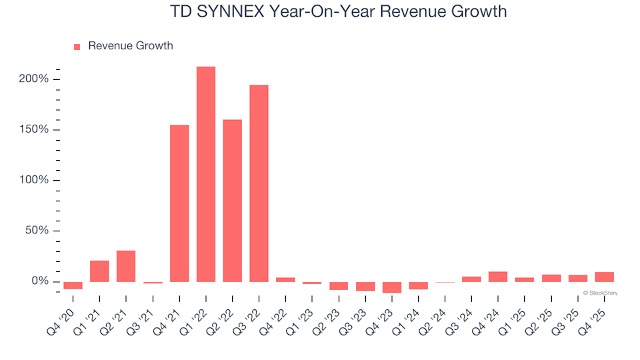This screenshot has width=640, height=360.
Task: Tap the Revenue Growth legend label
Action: (x=130, y=46)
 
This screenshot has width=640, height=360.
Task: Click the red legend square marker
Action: (x=77, y=47)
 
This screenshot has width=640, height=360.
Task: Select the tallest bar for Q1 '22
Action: (x=206, y=174)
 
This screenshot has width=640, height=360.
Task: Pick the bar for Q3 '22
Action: (x=259, y=183)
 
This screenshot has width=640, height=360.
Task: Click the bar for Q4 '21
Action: (x=179, y=203)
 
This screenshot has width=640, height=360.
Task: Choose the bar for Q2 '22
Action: (x=233, y=201)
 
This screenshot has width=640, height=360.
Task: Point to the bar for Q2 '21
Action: (x=126, y=266)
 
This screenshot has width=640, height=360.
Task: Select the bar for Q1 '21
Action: (x=99, y=271)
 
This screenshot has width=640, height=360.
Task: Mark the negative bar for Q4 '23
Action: (x=392, y=287)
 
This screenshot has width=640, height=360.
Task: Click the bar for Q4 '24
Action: (x=498, y=277)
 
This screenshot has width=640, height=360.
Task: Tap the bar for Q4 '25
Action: (x=605, y=277)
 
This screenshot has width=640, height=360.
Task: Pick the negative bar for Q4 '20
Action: (x=73, y=285)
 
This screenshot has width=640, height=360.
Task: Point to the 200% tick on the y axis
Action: (x=33, y=79)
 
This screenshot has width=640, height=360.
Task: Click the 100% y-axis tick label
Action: (x=33, y=181)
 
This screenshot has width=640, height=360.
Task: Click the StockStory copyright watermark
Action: (x=600, y=293)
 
